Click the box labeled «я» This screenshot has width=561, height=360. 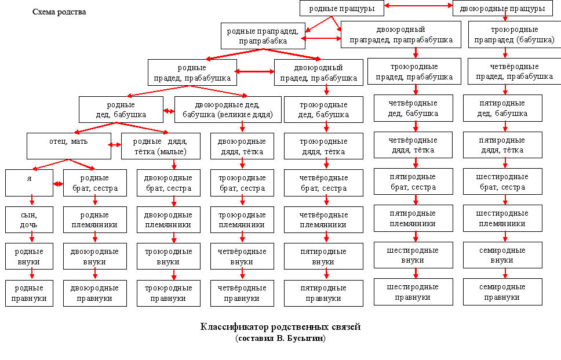point(29,183)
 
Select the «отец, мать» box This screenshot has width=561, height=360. point(69,146)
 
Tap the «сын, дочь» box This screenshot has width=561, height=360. point(29,219)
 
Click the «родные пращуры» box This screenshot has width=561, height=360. point(341,8)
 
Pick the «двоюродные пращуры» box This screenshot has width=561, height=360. point(506,8)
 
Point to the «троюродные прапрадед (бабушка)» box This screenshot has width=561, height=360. point(506,34)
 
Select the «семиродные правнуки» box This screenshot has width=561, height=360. point(502,292)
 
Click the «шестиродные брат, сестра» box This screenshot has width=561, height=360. point(502,182)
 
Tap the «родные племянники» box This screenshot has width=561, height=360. point(95,219)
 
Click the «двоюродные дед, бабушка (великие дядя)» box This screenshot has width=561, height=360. point(228,110)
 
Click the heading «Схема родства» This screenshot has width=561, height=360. point(59,12)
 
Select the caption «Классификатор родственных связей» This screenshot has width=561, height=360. point(280,327)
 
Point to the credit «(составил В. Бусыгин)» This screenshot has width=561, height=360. point(280,338)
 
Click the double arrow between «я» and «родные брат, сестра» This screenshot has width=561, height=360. point(58,184)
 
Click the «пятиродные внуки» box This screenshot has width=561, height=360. point(324,256)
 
